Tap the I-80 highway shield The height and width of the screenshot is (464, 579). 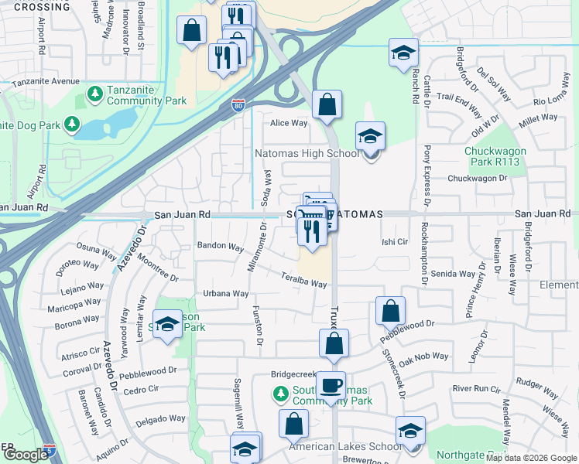coord(238,106)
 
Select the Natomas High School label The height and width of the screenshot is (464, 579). coord(307,153)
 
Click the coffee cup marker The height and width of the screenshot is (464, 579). coord(331,386)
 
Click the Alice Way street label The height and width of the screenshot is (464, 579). coord(289,123)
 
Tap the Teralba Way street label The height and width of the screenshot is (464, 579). coord(304,280)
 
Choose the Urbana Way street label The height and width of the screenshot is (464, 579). coord(225,294)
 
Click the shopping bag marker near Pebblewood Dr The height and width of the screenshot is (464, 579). coord(391,311)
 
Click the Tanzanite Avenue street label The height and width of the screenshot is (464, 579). coord(39,81)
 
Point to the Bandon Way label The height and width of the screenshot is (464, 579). coord(221,246)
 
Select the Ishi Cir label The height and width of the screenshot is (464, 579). coord(395,241)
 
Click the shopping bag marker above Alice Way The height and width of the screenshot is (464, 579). coord(327,104)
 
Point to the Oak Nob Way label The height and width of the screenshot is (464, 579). coord(424,356)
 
